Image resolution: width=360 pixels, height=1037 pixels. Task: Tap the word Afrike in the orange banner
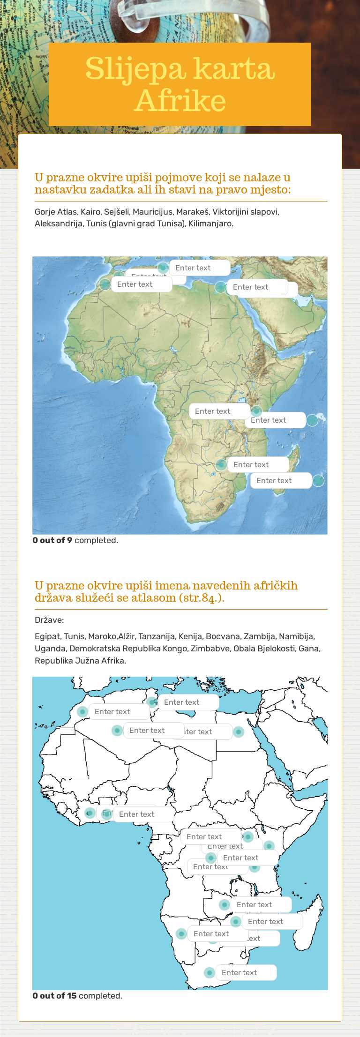click(x=180, y=100)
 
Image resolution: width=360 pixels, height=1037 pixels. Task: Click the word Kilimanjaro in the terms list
click(x=210, y=224)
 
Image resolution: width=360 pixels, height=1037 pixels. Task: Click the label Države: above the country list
click(x=49, y=620)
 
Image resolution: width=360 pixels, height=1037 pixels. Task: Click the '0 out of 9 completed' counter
click(x=75, y=540)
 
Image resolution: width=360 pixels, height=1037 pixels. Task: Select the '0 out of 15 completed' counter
click(x=77, y=996)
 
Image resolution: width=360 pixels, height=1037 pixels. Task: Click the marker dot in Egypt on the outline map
click(x=239, y=731)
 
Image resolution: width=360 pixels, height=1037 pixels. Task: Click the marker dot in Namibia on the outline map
click(x=181, y=933)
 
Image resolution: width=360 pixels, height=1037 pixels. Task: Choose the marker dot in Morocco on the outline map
click(x=82, y=711)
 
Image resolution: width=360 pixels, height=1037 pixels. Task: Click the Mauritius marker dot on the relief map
click(x=318, y=480)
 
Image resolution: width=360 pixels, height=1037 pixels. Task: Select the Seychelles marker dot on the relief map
click(x=312, y=420)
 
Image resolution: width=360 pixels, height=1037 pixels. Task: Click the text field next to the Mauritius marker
click(x=281, y=480)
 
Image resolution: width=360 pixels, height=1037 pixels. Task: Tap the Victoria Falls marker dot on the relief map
click(x=221, y=464)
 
